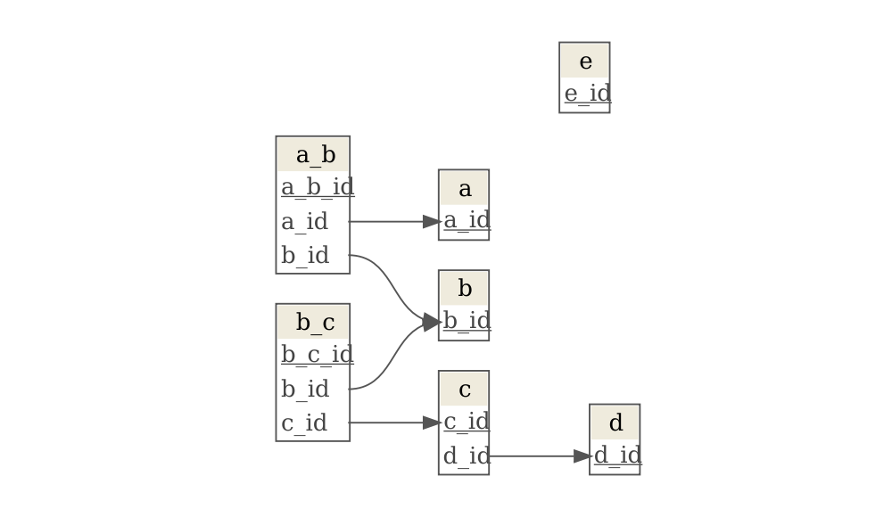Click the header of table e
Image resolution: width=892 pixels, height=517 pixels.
pyautogui.click(x=584, y=62)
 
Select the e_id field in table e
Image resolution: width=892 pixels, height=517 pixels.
pyautogui.click(x=586, y=94)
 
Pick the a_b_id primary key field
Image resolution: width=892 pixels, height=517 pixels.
pyautogui.click(x=317, y=187)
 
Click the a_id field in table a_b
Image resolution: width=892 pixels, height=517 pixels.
pyautogui.click(x=305, y=221)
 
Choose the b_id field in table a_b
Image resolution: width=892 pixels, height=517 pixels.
pyautogui.click(x=305, y=256)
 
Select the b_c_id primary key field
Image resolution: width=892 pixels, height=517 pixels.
pyautogui.click(x=317, y=355)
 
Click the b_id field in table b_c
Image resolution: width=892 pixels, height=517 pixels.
pyautogui.click(x=305, y=389)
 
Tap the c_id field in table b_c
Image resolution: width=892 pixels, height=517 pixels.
pyautogui.click(x=305, y=423)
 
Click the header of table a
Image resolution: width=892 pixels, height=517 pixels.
pyautogui.click(x=464, y=188)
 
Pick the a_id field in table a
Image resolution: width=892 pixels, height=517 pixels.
pyautogui.click(x=466, y=221)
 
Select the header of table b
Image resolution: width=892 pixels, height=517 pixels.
pyautogui.click(x=464, y=289)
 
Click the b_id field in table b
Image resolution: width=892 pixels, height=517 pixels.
pyautogui.click(x=466, y=321)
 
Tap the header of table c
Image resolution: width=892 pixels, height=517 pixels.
pyautogui.click(x=464, y=390)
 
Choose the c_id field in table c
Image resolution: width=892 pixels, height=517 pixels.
pyautogui.click(x=466, y=422)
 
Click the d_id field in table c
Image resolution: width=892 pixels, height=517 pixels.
pyautogui.click(x=466, y=456)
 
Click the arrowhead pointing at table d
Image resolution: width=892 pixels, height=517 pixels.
pyautogui.click(x=582, y=456)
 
